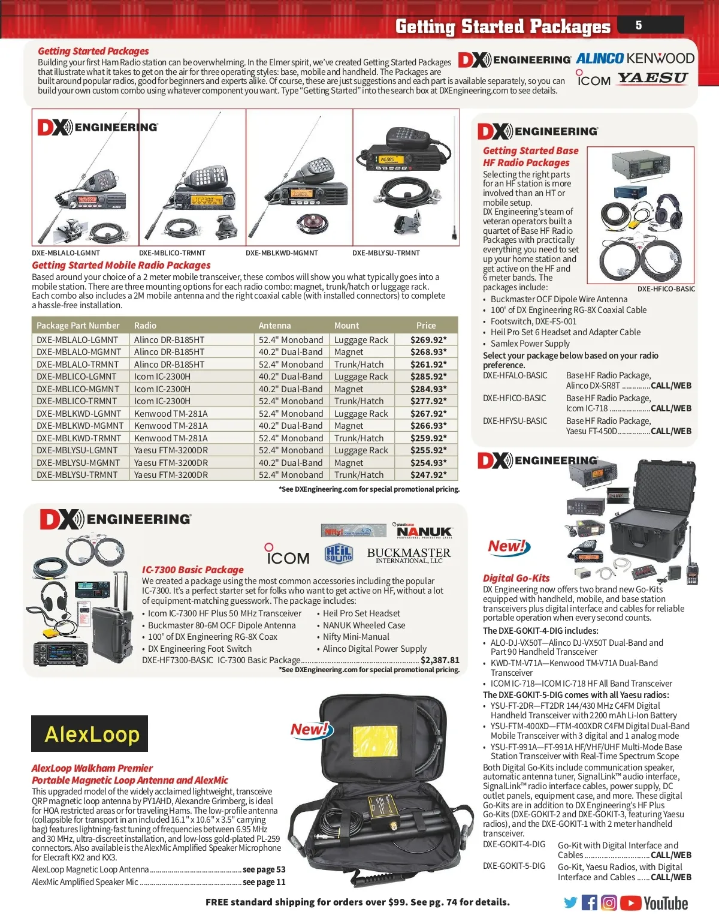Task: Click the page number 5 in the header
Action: tap(639, 25)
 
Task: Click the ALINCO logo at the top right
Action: tap(600, 58)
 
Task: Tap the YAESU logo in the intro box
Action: tap(652, 79)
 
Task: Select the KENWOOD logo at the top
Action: tap(660, 58)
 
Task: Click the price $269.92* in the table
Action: tap(428, 340)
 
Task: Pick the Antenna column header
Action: tap(274, 326)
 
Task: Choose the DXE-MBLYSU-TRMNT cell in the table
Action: tap(78, 475)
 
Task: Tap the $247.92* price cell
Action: tap(428, 475)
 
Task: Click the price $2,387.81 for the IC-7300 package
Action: tap(440, 660)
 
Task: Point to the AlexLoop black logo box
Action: tap(89, 733)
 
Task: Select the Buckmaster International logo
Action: tap(409, 555)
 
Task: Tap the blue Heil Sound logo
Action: tap(339, 554)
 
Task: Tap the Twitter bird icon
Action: tap(571, 902)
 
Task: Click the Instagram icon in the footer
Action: tap(609, 902)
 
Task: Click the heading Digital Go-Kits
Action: tap(516, 578)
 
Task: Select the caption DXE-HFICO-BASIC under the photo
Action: tap(666, 289)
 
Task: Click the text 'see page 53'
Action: tap(264, 869)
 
